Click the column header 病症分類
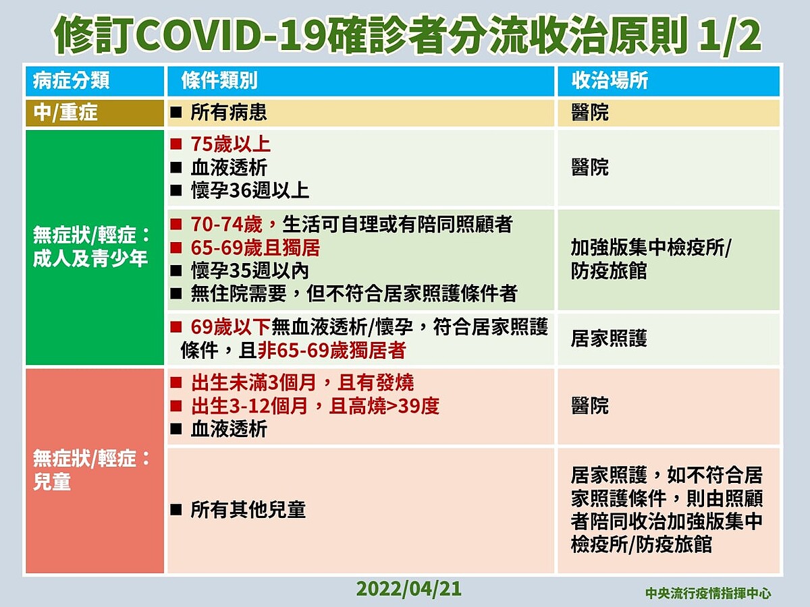[72, 81]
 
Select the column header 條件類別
[219, 81]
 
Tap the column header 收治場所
[610, 81]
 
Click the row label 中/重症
[65, 113]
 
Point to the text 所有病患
[229, 113]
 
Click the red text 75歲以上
[231, 144]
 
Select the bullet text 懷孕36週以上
[250, 191]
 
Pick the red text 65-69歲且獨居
[255, 248]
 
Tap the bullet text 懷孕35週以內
[250, 271]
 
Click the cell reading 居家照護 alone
[609, 339]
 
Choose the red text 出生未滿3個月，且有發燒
[302, 382]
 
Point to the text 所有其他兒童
[248, 510]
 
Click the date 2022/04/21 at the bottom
[409, 589]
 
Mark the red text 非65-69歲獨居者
[331, 351]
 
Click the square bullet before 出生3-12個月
[176, 406]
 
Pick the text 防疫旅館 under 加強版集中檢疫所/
[609, 271]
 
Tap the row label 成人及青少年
[90, 258]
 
